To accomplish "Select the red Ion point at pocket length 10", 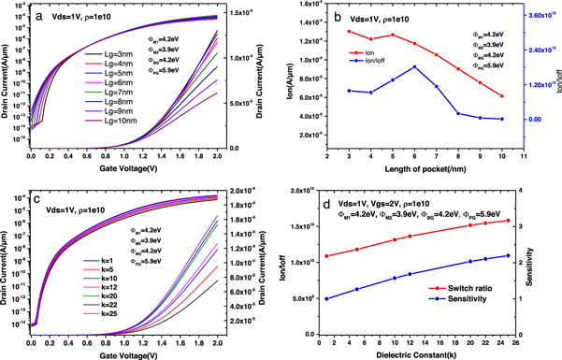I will pyautogui.click(x=501, y=96).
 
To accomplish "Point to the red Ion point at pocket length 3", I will pyautogui.click(x=349, y=32).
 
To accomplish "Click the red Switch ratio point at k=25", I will pyautogui.click(x=508, y=221).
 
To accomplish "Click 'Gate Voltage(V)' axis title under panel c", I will pyautogui.click(x=130, y=351).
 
